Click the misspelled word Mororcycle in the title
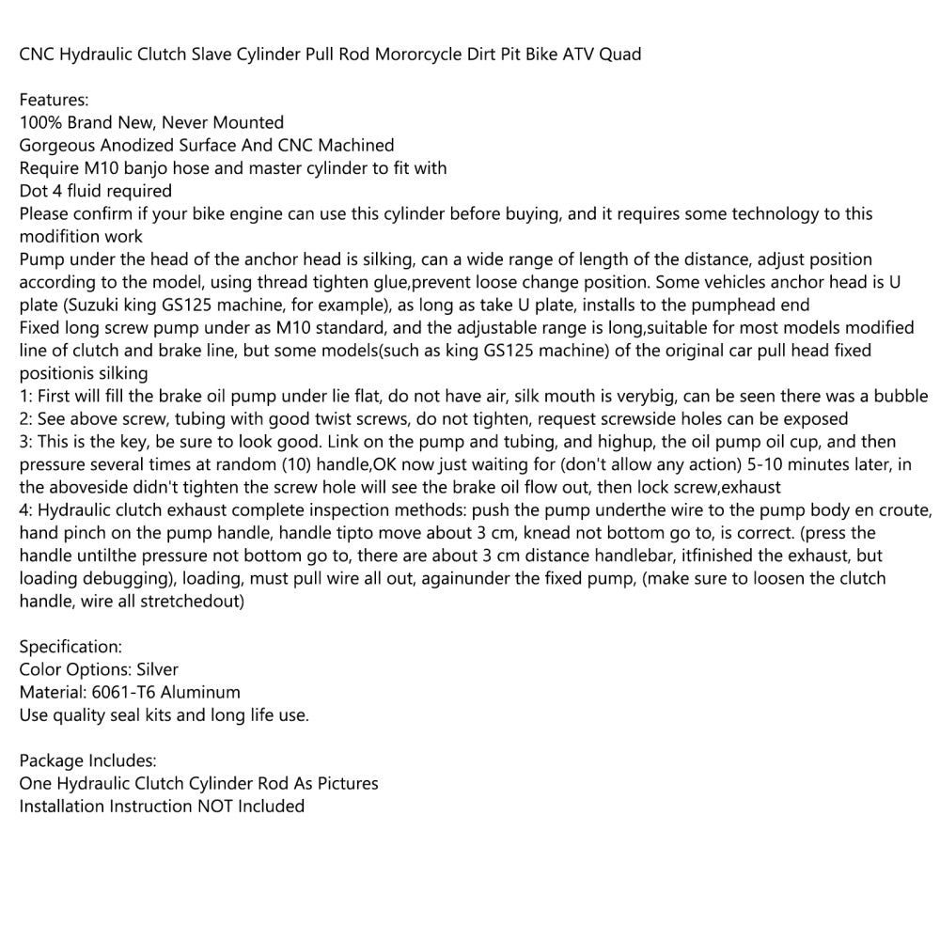[418, 55]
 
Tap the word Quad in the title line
[621, 55]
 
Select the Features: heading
[54, 100]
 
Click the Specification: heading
[70, 647]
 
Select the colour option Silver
[156, 669]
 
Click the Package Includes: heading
[87, 760]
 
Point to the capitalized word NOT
[217, 807]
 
